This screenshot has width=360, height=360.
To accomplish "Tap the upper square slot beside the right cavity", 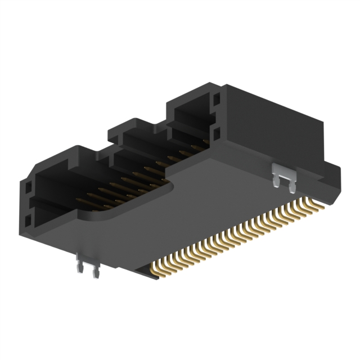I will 216,101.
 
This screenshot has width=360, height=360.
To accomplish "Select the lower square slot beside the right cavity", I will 217,133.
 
